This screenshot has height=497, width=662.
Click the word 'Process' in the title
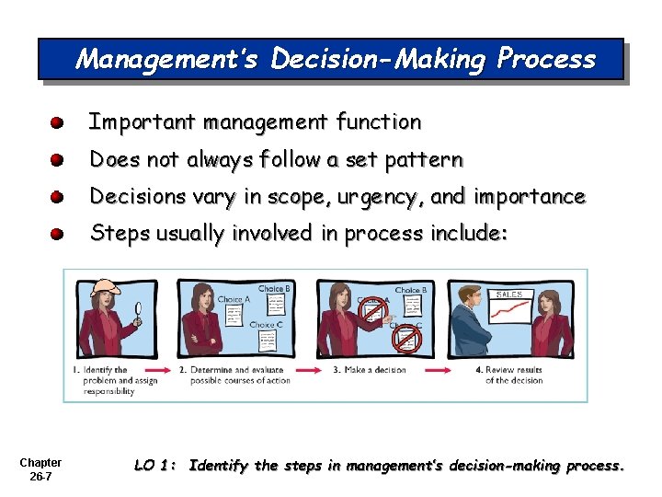click(546, 60)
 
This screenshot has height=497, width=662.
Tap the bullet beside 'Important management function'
click(57, 122)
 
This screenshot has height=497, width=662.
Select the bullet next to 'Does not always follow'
click(57, 160)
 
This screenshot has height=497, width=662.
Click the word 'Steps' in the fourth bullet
click(117, 234)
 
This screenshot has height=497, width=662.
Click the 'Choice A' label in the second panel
click(234, 299)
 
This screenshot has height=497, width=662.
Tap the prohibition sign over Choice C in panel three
click(405, 338)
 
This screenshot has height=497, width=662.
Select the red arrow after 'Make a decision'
click(438, 371)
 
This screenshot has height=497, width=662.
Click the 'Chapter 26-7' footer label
click(40, 469)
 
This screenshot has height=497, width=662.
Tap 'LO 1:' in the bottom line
click(155, 466)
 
